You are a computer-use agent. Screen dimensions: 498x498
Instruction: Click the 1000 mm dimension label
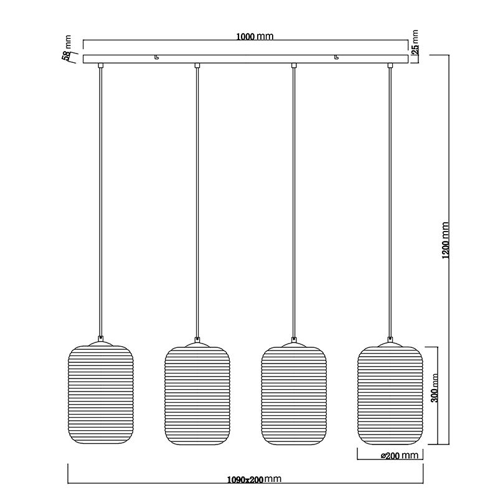tap(255, 37)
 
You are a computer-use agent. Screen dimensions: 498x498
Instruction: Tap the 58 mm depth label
tap(67, 49)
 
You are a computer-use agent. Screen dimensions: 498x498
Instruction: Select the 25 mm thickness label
tap(415, 42)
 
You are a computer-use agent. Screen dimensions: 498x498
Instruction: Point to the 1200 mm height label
tap(446, 240)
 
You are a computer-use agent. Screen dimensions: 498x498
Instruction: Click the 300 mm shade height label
tap(435, 388)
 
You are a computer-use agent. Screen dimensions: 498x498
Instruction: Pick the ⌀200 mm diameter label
tap(400, 456)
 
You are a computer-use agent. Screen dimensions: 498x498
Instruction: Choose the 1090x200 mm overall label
tap(255, 479)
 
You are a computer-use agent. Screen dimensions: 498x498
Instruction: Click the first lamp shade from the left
tap(101, 395)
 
